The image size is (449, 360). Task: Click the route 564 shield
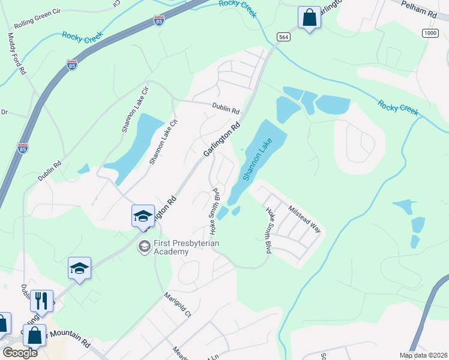284,37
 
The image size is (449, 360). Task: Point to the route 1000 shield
430,32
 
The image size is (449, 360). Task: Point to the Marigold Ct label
178,305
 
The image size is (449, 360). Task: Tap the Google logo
20,352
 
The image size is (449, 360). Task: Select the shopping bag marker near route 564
309,17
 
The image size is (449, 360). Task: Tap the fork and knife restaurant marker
41,301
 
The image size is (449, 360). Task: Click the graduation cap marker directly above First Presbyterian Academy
143,216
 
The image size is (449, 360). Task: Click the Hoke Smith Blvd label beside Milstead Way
268,230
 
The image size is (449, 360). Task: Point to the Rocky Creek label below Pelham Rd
397,108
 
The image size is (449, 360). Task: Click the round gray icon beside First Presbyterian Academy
144,246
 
